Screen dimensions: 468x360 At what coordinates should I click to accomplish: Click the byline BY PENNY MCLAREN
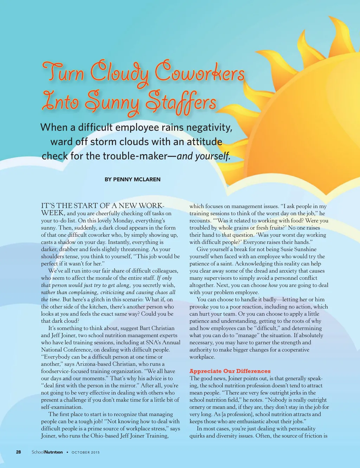tap(133, 179)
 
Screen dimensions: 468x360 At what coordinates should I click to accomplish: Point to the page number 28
tap(19, 452)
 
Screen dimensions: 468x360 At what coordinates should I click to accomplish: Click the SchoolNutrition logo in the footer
tap(47, 452)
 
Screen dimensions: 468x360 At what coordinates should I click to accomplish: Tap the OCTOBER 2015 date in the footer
tap(85, 452)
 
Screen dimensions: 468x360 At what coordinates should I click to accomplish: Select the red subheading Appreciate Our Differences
tap(230, 371)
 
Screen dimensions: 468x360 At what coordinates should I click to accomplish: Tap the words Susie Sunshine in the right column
tap(298, 249)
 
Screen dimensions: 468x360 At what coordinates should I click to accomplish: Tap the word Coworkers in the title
tap(200, 73)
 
